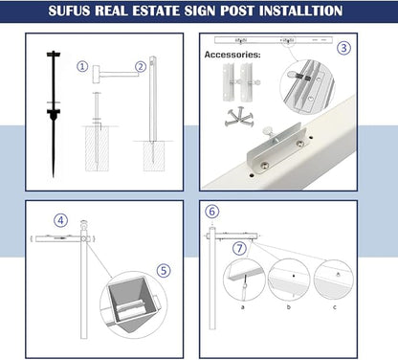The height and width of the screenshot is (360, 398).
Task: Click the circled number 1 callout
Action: coord(83,67)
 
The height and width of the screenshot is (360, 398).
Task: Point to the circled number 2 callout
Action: coord(141,67)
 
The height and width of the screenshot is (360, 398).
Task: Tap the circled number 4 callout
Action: coord(60,219)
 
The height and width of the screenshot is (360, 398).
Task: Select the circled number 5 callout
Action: coord(163,270)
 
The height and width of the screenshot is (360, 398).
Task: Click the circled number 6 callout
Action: coord(212,211)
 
